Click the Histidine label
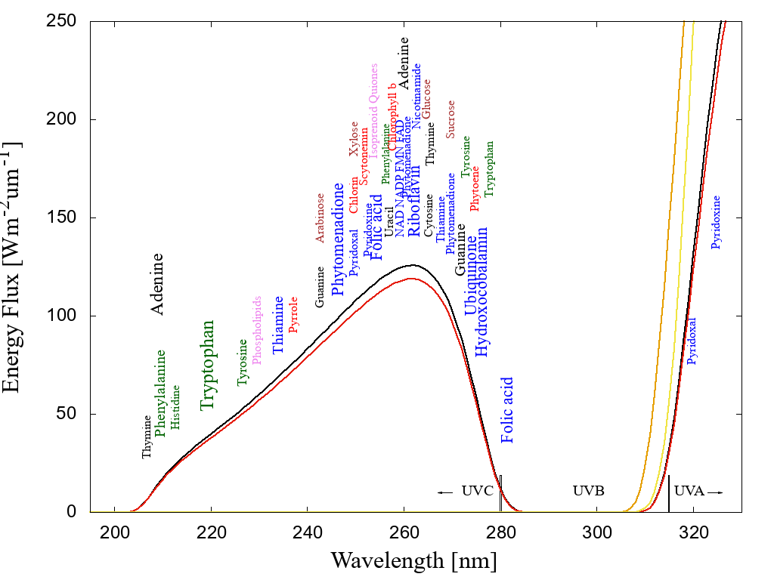tap(175, 407)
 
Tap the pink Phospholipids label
tap(256, 330)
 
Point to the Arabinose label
tap(320, 218)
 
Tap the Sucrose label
tap(450, 119)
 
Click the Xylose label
tap(353, 139)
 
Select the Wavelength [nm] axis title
tap(413, 560)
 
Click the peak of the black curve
tap(413, 265)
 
